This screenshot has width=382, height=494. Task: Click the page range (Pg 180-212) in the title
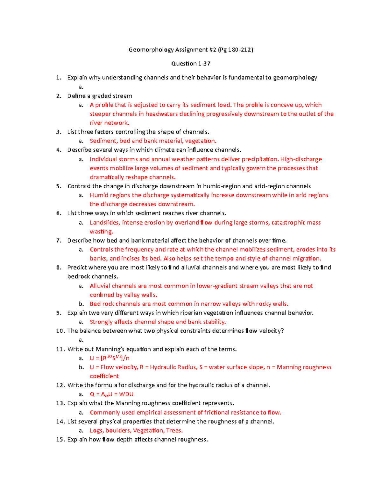click(236, 50)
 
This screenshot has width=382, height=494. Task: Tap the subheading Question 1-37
click(191, 64)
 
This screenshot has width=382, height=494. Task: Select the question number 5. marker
click(59, 186)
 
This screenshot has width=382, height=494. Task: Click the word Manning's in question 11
click(110, 349)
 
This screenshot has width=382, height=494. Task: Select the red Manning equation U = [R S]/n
click(110, 358)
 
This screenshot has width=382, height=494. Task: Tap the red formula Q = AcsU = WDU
click(111, 394)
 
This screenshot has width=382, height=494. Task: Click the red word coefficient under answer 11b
click(104, 376)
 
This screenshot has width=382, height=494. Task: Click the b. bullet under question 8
click(81, 304)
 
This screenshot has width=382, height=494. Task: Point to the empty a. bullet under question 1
click(81, 87)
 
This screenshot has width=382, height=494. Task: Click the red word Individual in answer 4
click(103, 159)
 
